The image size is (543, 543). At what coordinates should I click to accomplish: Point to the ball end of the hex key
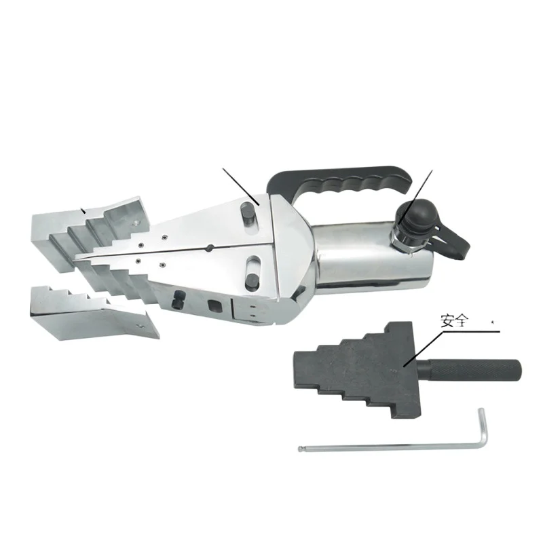[x=301, y=448]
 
